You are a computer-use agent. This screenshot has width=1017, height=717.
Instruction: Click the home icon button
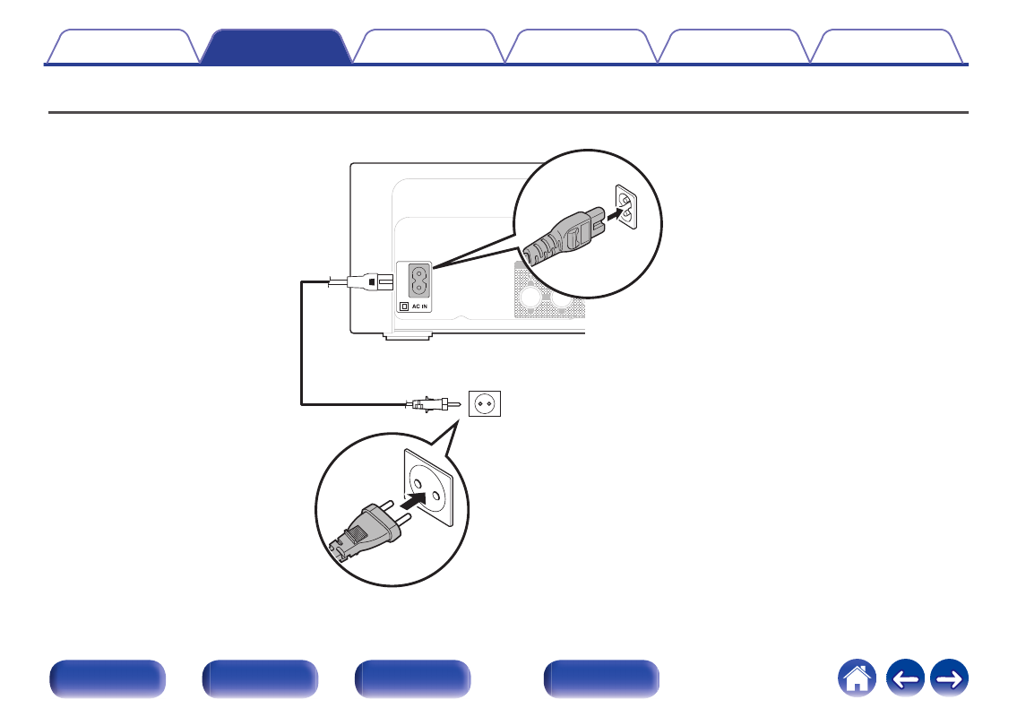point(857,678)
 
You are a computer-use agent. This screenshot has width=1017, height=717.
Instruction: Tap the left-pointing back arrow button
point(905,678)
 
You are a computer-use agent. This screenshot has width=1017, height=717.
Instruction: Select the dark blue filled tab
point(276,46)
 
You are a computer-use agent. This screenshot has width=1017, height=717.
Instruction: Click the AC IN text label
point(419,307)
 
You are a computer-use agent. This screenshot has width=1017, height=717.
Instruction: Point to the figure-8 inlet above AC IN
point(419,281)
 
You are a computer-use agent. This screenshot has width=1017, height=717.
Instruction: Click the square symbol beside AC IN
point(404,307)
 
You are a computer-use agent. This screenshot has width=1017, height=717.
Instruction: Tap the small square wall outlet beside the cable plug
point(485,403)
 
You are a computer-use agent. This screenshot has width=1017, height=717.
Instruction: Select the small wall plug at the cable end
point(433,404)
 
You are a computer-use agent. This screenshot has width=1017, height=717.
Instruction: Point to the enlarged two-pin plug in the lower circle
point(370,527)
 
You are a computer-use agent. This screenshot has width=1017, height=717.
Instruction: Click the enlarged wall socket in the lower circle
point(428,488)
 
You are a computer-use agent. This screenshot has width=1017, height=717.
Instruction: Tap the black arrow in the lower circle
point(413,500)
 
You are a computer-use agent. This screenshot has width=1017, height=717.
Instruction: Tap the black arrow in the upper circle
point(616,212)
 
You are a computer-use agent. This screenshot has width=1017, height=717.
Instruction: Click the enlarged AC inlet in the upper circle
point(626,207)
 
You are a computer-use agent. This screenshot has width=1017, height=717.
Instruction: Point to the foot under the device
point(408,336)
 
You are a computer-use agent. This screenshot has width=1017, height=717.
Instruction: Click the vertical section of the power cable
point(302,342)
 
